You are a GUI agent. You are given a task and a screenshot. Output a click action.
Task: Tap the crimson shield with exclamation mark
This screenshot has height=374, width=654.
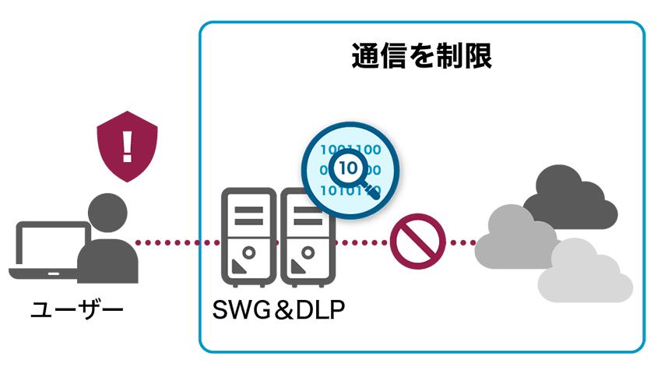127,146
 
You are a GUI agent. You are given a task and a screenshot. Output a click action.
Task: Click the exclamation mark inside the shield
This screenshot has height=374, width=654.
127,145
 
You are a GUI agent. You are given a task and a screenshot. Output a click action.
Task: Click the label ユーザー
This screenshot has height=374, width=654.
76,311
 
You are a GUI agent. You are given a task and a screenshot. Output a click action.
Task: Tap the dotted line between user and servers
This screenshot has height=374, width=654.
178,242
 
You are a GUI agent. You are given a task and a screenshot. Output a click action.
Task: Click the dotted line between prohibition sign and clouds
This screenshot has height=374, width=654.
461,242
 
